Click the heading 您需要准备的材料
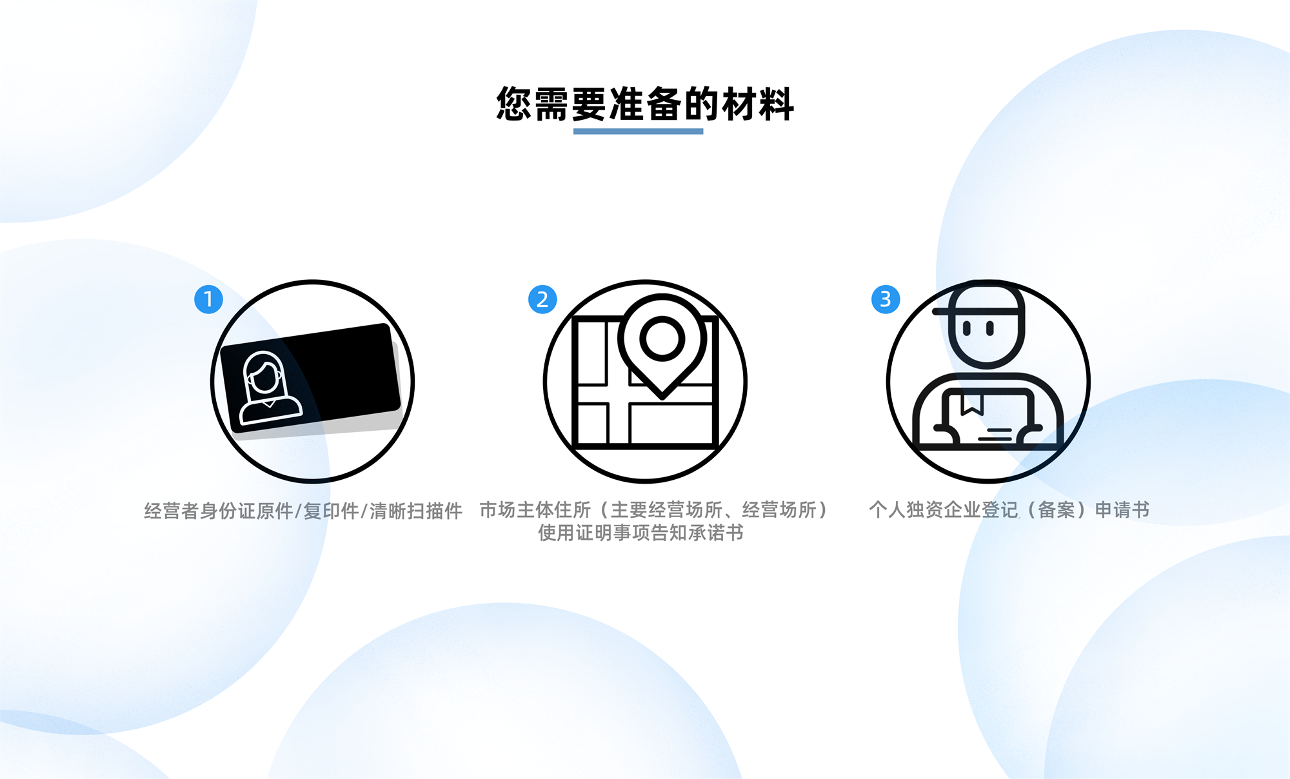[x=645, y=104]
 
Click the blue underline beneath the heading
[x=638, y=132]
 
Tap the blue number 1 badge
[x=208, y=299]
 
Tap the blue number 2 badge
[x=542, y=299]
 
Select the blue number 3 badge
[x=886, y=299]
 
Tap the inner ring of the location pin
[x=662, y=338]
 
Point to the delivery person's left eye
[x=966, y=328]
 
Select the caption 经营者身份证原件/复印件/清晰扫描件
[x=303, y=511]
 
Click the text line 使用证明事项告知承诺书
[x=641, y=533]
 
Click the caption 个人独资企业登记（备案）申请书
[x=1009, y=509]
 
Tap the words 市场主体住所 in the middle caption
[x=535, y=509]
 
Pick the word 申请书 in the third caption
[x=1122, y=509]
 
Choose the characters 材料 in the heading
[x=758, y=104]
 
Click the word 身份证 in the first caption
[x=228, y=511]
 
